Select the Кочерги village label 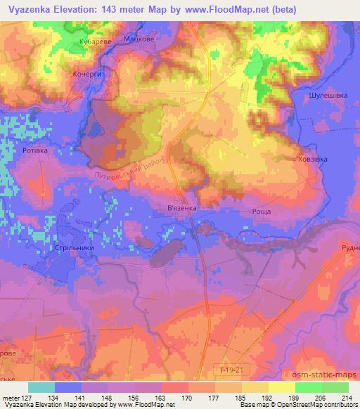(88, 73)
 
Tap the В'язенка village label (192, 209)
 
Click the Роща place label (262, 212)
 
